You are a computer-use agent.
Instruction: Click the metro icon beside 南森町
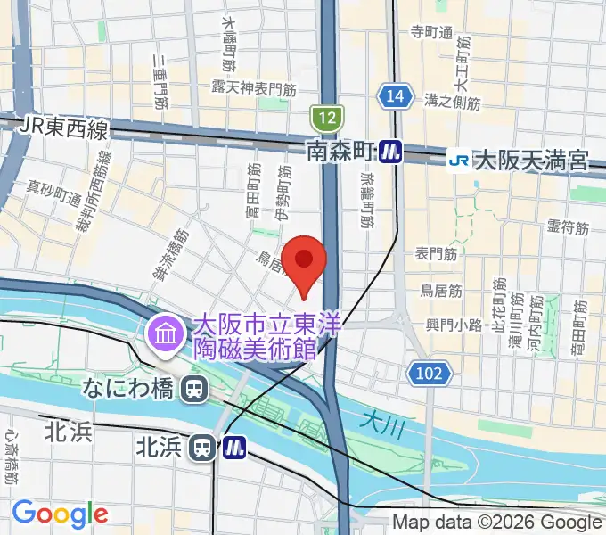pos(389,152)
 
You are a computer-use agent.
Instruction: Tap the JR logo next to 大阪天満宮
pos(458,160)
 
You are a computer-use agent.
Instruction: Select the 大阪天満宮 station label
pos(531,161)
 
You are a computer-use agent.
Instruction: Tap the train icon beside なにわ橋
pos(192,388)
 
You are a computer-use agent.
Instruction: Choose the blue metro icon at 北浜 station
pos(234,447)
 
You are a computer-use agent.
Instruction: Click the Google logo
pos(60,514)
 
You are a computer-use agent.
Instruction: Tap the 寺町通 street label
pos(432,33)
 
